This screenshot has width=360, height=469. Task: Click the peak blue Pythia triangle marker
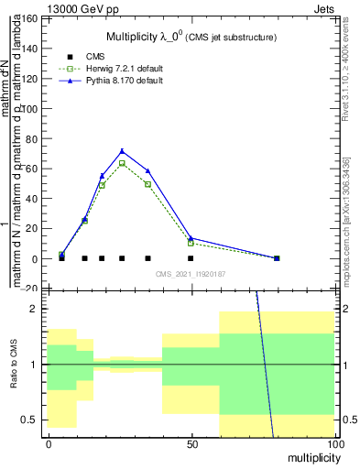click(x=122, y=151)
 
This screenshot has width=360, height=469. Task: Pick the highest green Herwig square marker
click(x=122, y=163)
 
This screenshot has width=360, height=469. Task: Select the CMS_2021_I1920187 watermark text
click(x=190, y=273)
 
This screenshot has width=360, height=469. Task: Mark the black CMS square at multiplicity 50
click(x=191, y=258)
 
